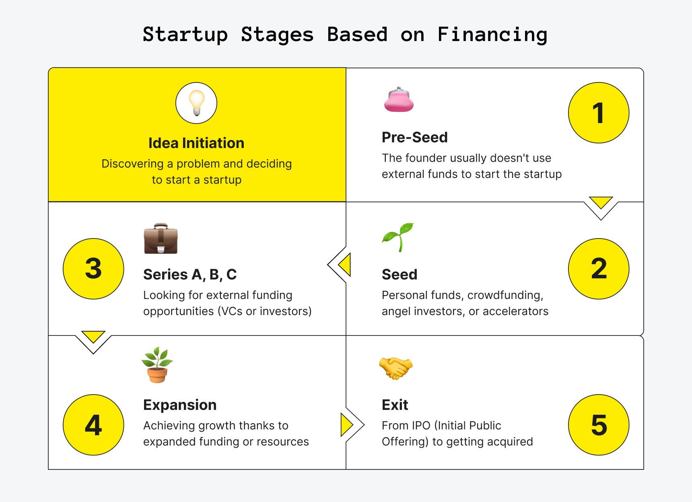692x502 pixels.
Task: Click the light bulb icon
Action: coord(196,103)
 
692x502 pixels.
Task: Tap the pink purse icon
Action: coord(399,99)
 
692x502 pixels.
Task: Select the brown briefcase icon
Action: coord(161,239)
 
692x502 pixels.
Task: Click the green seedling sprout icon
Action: coord(398,237)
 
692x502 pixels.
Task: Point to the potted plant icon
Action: coord(157,365)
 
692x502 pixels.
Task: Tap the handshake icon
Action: coord(396,368)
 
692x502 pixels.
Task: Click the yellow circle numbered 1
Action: coord(599,113)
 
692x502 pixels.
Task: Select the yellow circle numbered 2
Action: coord(599,269)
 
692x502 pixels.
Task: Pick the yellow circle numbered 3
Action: coord(93,269)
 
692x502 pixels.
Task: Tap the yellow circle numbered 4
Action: coord(93,425)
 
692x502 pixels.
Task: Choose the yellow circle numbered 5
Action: coord(599,425)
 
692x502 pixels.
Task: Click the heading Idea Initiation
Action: coord(196,143)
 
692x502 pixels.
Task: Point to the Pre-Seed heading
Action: coord(415,138)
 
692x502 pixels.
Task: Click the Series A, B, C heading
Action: coord(190,275)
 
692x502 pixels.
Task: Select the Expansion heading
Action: coord(180,405)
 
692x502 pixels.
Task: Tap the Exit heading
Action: coord(395,405)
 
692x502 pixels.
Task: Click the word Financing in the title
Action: coord(492,35)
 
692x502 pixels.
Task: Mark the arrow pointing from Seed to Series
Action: coord(344,265)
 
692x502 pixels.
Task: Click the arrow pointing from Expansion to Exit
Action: coord(347,424)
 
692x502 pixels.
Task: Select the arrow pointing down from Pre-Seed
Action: coord(601,202)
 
